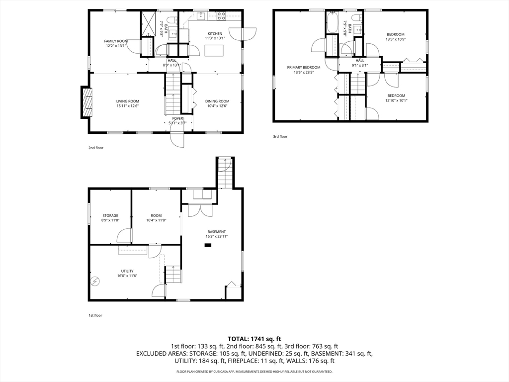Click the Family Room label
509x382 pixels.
116,41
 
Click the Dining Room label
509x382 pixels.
217,101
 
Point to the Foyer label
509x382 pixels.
177,118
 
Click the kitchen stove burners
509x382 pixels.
221,16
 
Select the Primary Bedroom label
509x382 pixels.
304,68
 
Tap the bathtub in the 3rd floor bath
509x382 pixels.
333,22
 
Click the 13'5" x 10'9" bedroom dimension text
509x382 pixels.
396,39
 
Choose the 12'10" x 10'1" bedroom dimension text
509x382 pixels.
396,100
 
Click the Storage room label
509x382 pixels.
110,216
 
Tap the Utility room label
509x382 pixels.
127,271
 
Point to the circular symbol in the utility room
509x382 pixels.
95,281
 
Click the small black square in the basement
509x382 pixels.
207,246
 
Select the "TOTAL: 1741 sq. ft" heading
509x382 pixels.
254,339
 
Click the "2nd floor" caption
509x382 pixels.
96,148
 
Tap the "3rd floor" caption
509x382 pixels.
280,136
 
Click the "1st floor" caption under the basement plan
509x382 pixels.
95,315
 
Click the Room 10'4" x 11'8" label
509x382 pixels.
156,218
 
